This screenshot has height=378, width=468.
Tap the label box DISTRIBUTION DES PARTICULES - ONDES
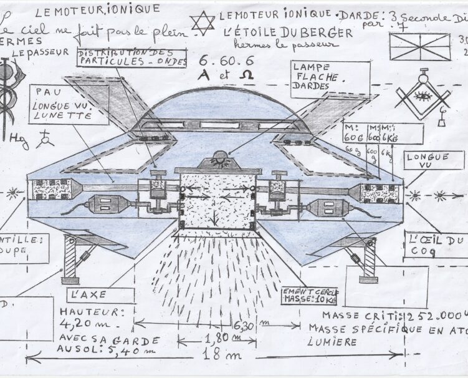(x=132, y=58)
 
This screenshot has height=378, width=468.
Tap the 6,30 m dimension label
(x=245, y=325)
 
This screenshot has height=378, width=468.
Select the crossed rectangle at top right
(x=419, y=47)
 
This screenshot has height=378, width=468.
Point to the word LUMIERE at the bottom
(x=332, y=342)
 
